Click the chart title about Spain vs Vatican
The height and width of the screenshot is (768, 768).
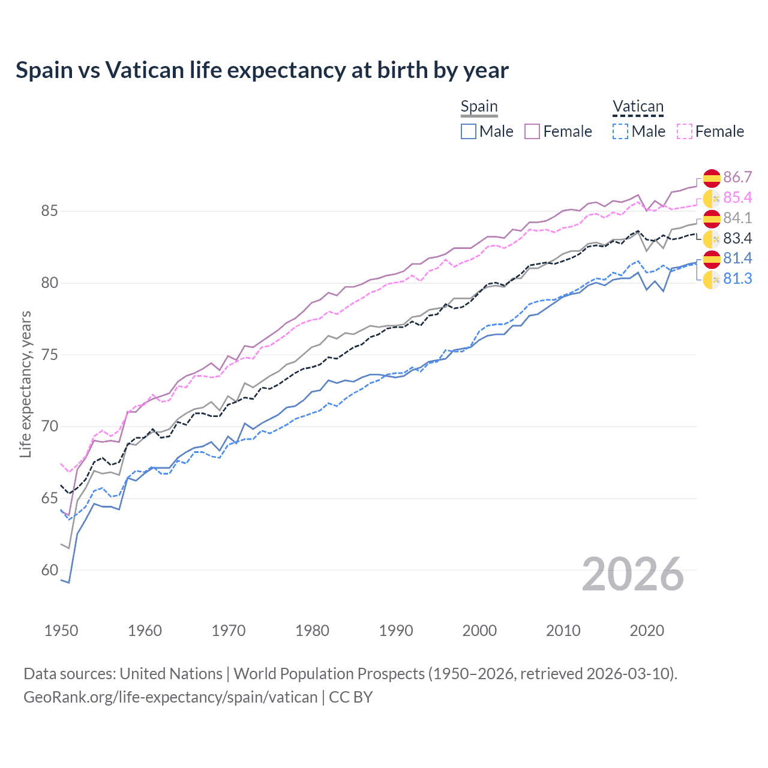[262, 70]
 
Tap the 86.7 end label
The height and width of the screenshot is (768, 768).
[737, 178]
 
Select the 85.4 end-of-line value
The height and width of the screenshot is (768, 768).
[737, 198]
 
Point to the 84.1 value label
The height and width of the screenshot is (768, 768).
[737, 218]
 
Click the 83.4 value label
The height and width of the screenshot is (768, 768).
[737, 239]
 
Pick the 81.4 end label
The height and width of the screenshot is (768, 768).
[737, 259]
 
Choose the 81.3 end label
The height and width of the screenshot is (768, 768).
[737, 279]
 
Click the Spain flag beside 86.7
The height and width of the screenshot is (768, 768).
[712, 178]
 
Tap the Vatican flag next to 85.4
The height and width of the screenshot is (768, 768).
[712, 198]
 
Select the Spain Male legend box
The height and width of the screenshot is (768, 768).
[469, 131]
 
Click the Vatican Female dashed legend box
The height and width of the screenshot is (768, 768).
[685, 131]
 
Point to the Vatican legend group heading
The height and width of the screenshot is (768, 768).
[638, 107]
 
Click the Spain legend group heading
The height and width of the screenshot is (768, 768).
[479, 107]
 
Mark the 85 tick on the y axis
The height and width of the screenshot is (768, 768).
[50, 211]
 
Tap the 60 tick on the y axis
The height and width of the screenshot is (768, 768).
[50, 570]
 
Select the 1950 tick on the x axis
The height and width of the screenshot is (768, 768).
[61, 631]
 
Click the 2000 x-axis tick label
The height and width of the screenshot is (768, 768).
[479, 631]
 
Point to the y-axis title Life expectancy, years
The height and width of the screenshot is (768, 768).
[25, 384]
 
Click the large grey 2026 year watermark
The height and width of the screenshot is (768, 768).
[633, 574]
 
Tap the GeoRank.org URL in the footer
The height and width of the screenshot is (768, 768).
[170, 697]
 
